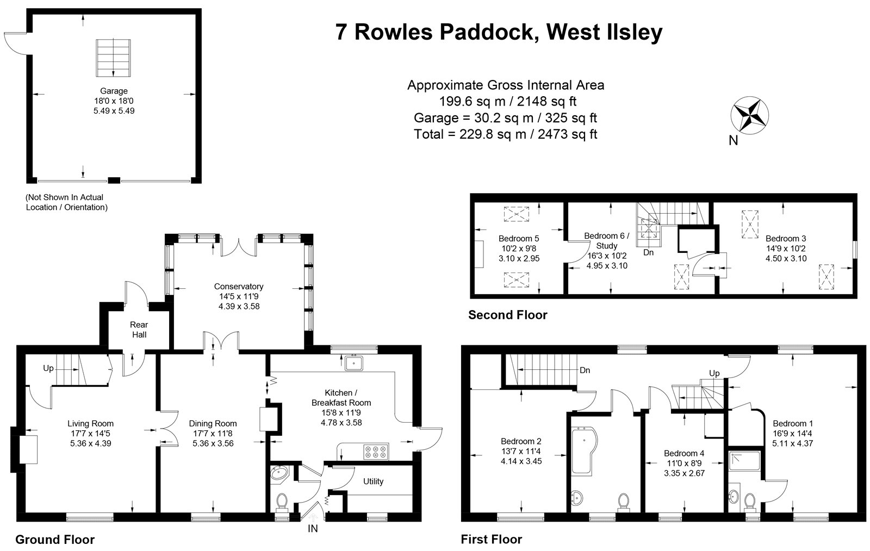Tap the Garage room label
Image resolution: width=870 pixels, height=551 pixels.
pos(114,91)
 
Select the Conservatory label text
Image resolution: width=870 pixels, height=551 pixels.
pos(238,286)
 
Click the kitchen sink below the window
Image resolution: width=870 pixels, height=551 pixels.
pos(353,362)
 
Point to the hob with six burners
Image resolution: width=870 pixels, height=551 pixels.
pos(376,451)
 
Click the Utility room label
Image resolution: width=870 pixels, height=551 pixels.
pos(373,481)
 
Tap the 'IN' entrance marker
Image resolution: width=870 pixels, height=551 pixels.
pos(313,528)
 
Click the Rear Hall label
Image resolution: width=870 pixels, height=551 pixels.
pos(139,330)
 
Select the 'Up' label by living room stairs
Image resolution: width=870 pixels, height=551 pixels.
pos(48,368)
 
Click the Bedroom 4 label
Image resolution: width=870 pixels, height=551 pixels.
pos(683,453)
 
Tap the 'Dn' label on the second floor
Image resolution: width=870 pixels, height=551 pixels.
pos(649,252)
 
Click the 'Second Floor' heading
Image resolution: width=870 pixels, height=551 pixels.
pos(507,315)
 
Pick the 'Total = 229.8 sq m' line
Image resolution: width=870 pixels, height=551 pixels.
pos(505,134)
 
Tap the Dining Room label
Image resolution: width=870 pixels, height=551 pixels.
pos(213,423)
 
